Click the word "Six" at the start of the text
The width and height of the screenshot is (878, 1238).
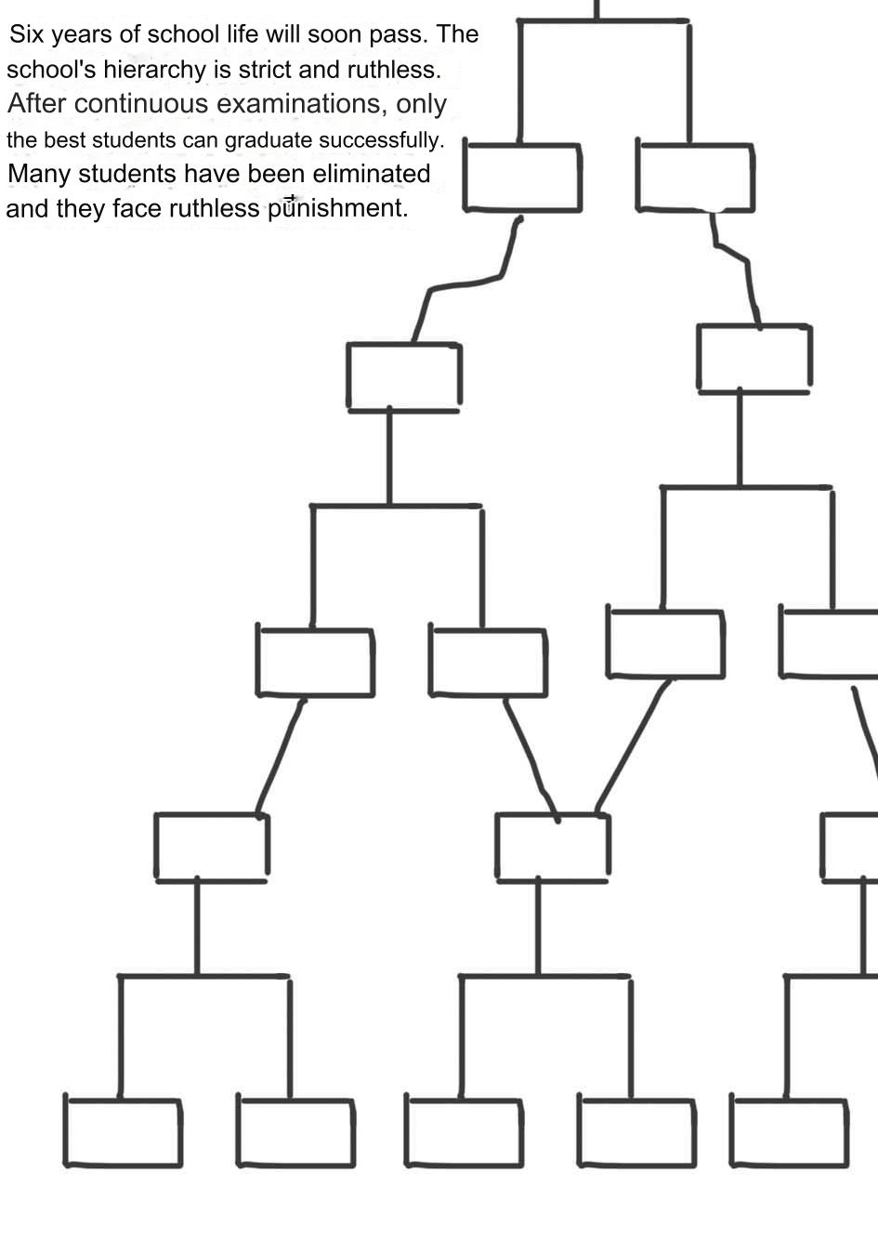(x=25, y=34)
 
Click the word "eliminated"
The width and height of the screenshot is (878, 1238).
(x=372, y=174)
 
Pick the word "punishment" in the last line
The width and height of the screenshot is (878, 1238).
(x=337, y=208)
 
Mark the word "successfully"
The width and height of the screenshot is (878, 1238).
(x=381, y=140)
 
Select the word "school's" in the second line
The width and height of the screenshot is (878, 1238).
(x=51, y=70)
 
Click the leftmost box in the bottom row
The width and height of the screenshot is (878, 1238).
(x=123, y=1133)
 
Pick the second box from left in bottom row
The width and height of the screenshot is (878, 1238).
(x=295, y=1133)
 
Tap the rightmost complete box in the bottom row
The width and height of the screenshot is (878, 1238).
(x=789, y=1133)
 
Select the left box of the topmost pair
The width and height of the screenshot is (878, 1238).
(x=522, y=178)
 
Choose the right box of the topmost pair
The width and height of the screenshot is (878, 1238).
(x=695, y=178)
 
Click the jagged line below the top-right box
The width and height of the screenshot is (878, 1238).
(x=736, y=271)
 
